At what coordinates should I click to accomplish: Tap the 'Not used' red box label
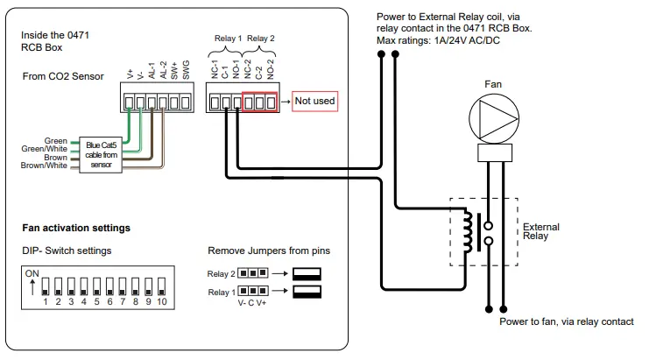coord(314,101)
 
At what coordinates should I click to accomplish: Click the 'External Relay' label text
coord(540,232)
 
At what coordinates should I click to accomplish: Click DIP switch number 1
coord(45,286)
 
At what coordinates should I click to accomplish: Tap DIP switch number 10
coord(161,286)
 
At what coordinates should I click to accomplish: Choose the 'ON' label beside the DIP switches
coord(32,273)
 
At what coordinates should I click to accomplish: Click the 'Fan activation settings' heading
coord(76,228)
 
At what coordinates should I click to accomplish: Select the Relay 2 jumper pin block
coord(255,272)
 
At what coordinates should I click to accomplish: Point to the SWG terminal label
coord(186,72)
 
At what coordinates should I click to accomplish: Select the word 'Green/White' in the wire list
coord(44,149)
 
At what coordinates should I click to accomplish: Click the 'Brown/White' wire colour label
coord(44,165)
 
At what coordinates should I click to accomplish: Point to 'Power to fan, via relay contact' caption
coord(566,321)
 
